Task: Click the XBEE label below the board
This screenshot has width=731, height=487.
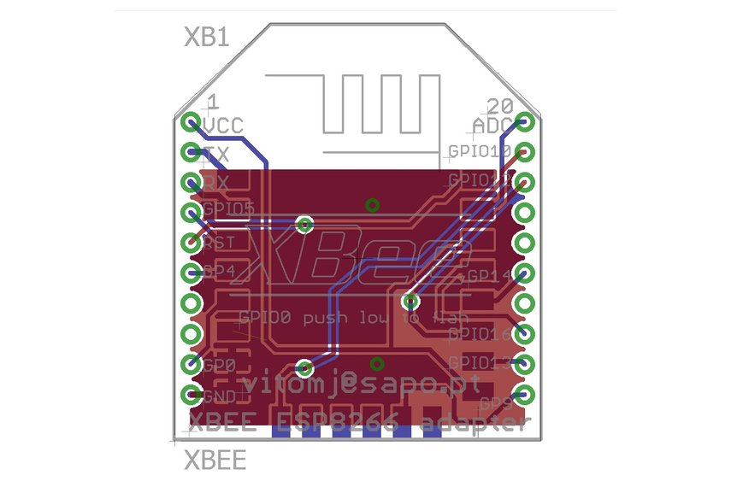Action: click(x=215, y=461)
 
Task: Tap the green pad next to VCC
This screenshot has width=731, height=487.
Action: click(x=190, y=122)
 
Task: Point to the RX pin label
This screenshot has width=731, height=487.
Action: click(x=215, y=184)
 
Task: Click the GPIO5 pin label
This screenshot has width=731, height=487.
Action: click(x=228, y=210)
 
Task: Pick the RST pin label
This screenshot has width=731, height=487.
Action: click(x=219, y=243)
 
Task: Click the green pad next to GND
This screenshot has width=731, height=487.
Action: click(x=190, y=395)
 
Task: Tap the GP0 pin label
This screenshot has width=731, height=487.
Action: click(x=220, y=365)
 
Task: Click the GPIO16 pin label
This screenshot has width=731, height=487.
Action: click(x=479, y=333)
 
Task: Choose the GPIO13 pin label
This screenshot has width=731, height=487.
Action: click(x=479, y=362)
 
